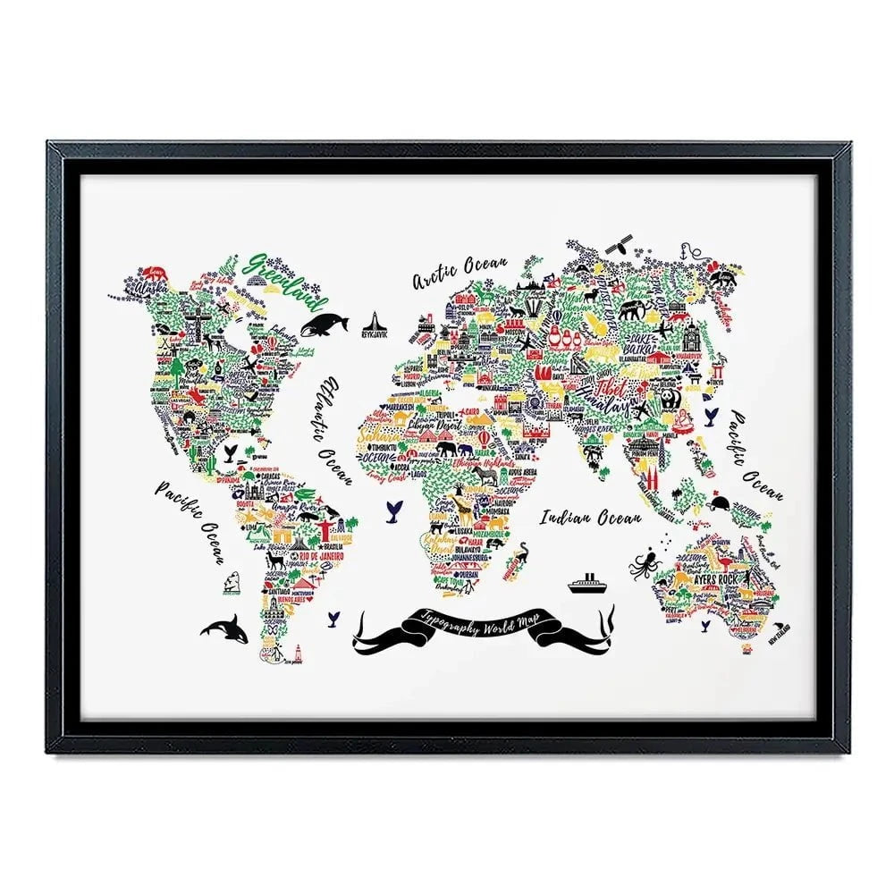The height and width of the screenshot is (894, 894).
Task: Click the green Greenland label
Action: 289,277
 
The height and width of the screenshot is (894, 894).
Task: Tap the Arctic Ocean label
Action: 460,272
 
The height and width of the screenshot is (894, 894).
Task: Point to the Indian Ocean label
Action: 590,517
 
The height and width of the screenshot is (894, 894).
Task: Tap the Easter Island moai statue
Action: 232,581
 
